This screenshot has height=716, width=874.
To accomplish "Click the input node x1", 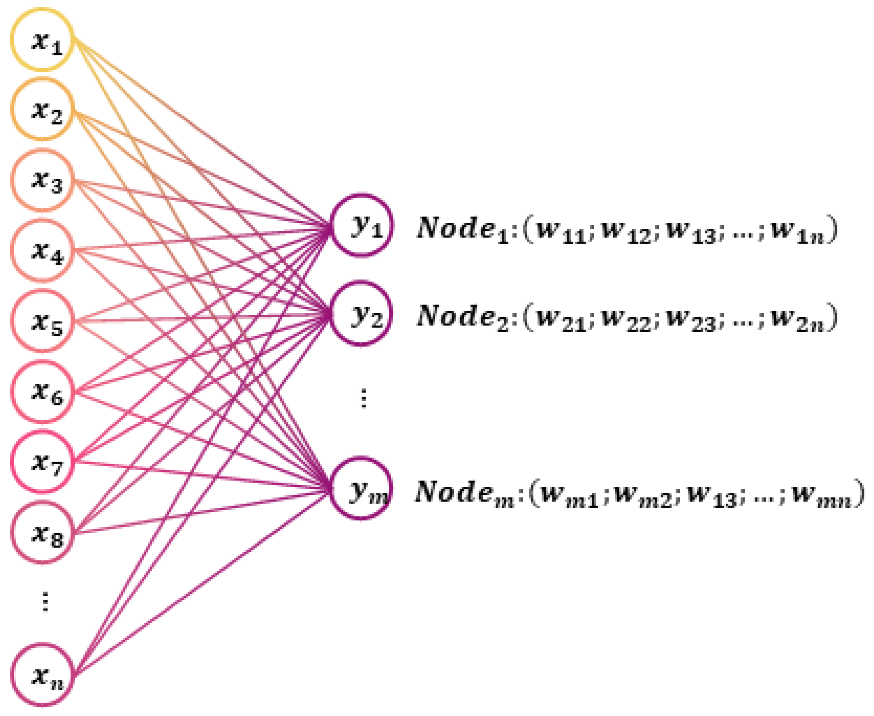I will point(42,40).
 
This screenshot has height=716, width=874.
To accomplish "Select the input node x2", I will point(42,110).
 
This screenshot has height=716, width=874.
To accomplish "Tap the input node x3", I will point(42,180).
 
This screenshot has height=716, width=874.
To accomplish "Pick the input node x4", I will point(42,250).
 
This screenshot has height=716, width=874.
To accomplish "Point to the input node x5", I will point(42,321).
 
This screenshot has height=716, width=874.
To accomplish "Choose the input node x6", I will point(42,391).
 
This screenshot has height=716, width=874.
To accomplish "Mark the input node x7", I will point(42,461).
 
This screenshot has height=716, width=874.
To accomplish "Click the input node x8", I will point(42,532).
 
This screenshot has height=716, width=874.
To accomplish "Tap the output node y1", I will point(362,225).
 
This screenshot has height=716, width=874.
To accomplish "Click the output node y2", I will point(362,313).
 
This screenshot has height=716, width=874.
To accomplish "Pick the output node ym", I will point(362,488).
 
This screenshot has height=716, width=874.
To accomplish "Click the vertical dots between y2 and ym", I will point(363,398).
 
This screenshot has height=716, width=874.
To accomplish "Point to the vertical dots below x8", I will point(45,602).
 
